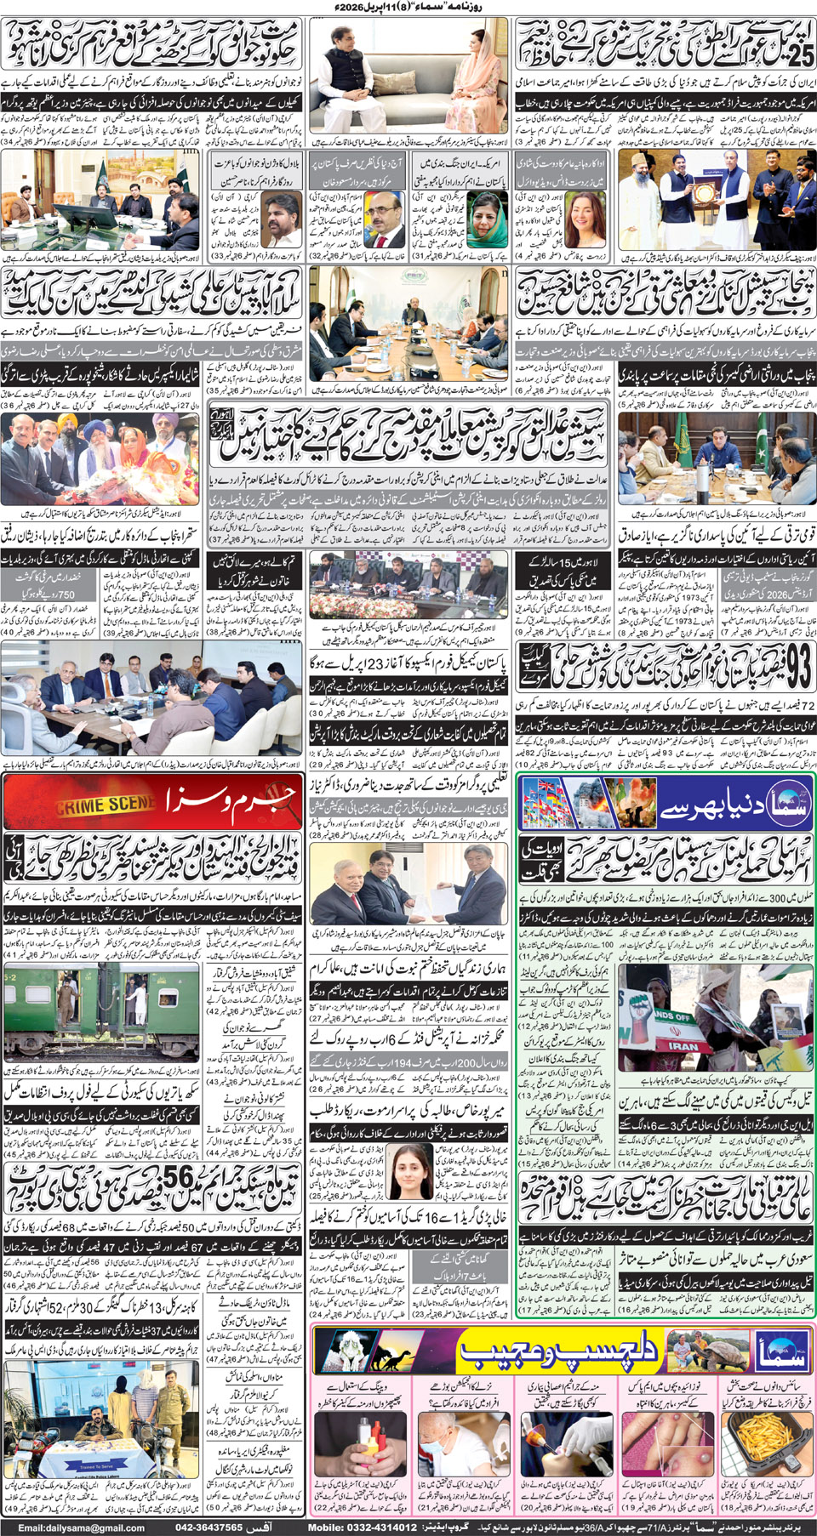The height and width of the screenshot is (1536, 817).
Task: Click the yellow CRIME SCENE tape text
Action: pyautogui.click(x=106, y=804)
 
